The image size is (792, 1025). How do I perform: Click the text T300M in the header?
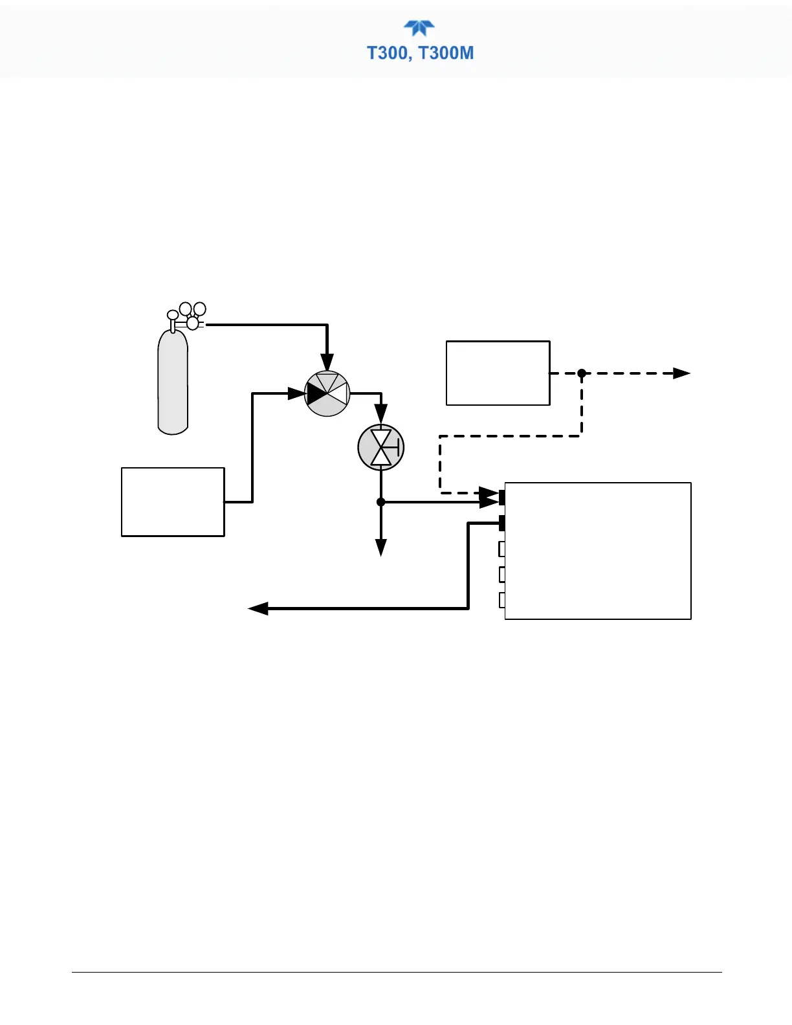click(x=446, y=53)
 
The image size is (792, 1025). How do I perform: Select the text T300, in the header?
click(x=390, y=53)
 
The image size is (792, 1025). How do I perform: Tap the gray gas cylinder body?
click(x=173, y=382)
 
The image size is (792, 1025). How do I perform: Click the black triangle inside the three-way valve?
click(x=316, y=393)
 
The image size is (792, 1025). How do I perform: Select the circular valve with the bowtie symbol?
click(x=381, y=447)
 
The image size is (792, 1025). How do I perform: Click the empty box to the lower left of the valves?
click(x=173, y=502)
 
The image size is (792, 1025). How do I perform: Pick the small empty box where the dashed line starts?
click(x=498, y=373)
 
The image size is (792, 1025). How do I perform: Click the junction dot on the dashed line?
click(x=582, y=373)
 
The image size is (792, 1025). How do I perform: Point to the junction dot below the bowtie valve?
click(x=381, y=502)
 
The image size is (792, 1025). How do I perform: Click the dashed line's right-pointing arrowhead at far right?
click(x=682, y=373)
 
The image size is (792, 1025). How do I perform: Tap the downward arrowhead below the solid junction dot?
click(x=381, y=547)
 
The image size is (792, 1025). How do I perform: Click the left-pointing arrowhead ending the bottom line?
click(x=258, y=608)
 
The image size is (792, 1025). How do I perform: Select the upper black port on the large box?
click(x=501, y=497)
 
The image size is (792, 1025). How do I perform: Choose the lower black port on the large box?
click(x=501, y=523)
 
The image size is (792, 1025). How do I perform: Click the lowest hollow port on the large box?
click(x=501, y=600)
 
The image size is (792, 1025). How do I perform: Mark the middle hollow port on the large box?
click(x=501, y=575)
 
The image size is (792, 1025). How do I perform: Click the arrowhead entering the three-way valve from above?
click(x=327, y=363)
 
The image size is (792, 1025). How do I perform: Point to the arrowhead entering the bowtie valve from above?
click(x=381, y=413)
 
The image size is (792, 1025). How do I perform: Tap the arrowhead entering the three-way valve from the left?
click(x=296, y=393)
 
